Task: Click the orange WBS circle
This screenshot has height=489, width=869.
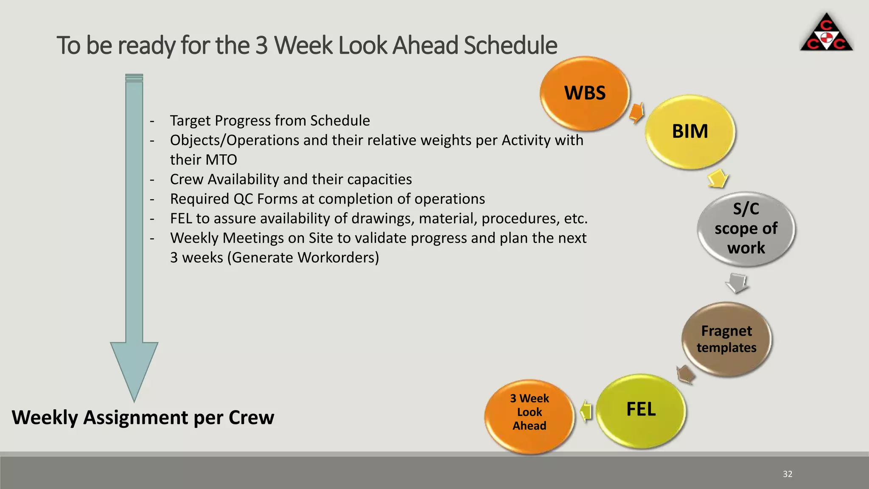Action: pyautogui.click(x=585, y=93)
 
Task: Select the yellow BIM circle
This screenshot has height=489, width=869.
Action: pyautogui.click(x=690, y=131)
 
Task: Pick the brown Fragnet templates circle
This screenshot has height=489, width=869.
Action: pyautogui.click(x=726, y=339)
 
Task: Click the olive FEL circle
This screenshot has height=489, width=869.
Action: pyautogui.click(x=641, y=410)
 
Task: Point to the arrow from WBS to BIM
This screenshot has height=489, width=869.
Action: pyautogui.click(x=636, y=112)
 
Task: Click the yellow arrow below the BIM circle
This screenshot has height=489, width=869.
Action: pyautogui.click(x=718, y=178)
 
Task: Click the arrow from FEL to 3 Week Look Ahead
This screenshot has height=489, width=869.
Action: pyautogui.click(x=586, y=410)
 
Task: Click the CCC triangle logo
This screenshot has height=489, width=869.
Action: pyautogui.click(x=826, y=34)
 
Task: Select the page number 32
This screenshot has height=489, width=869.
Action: pyautogui.click(x=788, y=474)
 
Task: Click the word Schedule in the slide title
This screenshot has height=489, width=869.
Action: pyautogui.click(x=510, y=45)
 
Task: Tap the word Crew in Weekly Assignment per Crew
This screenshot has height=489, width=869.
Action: pyautogui.click(x=251, y=417)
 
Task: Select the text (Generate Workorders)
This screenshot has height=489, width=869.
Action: pyautogui.click(x=303, y=257)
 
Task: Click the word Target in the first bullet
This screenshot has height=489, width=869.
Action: pyautogui.click(x=191, y=121)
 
